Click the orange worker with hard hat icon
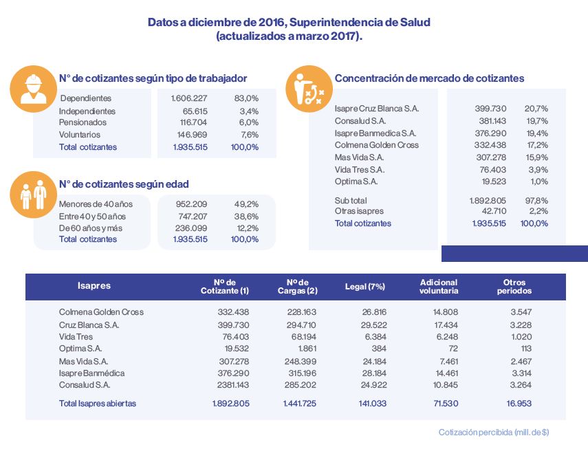tap(34, 89)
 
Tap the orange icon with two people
tap(34, 195)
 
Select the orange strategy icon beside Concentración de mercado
tap(309, 89)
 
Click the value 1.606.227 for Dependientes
tap(189, 98)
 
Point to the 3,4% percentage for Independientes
tap(249, 111)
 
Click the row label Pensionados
tap(83, 122)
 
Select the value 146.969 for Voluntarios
tap(192, 135)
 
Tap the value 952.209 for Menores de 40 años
tap(191, 204)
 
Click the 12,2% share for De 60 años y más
tap(248, 228)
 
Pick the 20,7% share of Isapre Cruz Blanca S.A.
tap(536, 109)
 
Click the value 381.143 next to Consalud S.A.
tap(492, 121)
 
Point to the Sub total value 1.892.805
tap(488, 201)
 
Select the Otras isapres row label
tap(359, 211)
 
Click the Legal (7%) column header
tap(365, 287)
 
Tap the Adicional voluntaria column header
tap(439, 287)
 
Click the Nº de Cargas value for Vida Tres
tap(304, 337)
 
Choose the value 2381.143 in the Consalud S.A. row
tap(233, 384)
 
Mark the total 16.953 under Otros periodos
tap(519, 404)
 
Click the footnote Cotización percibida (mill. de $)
tap(494, 432)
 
